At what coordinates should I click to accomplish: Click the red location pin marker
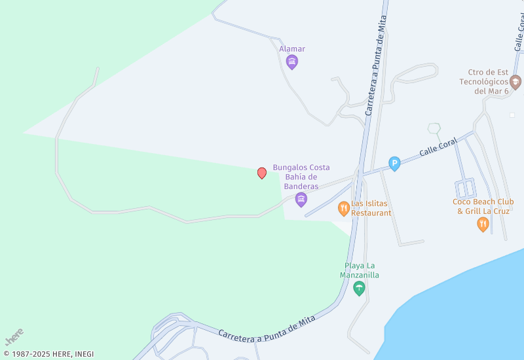pos(262,173)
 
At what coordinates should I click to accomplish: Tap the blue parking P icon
pos(394,164)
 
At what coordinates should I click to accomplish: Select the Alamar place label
pos(292,49)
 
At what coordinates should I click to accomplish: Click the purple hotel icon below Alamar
pos(292,62)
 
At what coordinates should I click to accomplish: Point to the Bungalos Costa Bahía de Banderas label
pos(301,177)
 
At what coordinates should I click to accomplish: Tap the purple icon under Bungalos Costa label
pos(301,199)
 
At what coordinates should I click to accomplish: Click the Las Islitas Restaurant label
pos(371,208)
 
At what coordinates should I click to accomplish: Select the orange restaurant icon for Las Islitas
pos(344,209)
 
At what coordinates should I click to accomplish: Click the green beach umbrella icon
pos(359,288)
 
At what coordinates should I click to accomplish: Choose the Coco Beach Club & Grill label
pos(483,206)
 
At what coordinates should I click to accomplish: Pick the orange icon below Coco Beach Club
pos(483,225)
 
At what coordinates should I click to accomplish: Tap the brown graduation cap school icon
pos(515,82)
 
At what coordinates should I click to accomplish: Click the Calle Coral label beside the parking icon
pos(438,149)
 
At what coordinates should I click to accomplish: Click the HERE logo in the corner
pos(14,336)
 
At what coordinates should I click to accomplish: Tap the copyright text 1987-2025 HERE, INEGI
pos(49,354)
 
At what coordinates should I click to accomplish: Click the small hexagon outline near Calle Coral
pos(434,128)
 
